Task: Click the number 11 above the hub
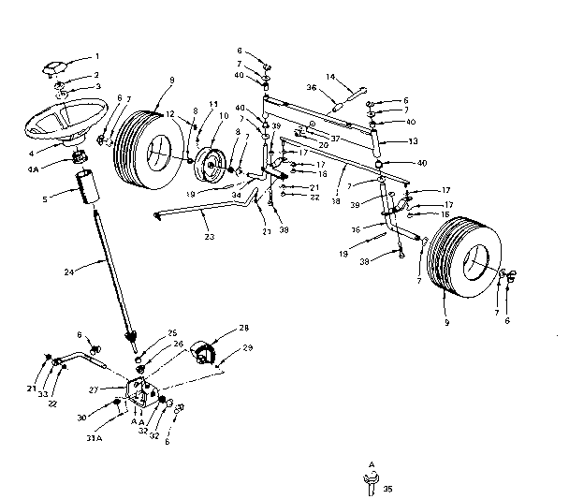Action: [x=213, y=104]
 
